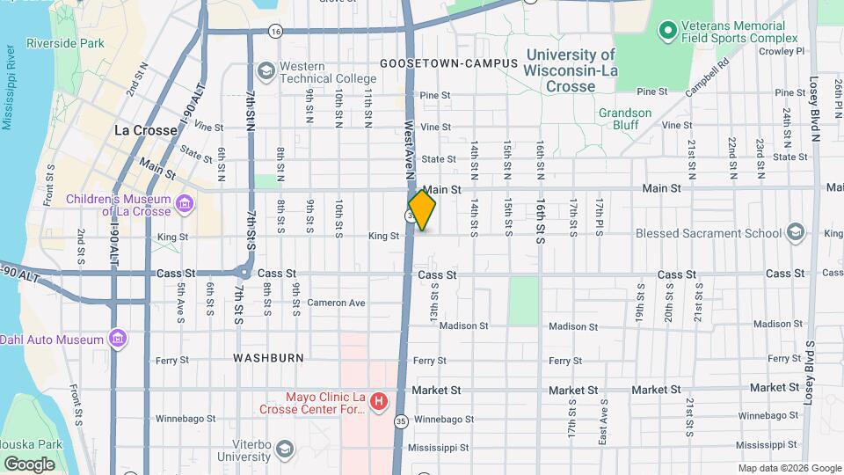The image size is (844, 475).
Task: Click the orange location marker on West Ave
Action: coord(422,210)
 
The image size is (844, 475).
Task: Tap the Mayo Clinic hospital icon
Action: coord(379,402)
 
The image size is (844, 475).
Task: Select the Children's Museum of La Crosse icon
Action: coord(185,205)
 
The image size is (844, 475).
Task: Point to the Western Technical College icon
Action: coord(266,69)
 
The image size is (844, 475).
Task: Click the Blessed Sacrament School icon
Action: coord(796,233)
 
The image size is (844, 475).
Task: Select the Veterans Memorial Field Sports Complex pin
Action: coord(667,32)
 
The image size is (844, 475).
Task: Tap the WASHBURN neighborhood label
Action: coord(268,358)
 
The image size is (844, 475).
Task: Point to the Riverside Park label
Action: coord(65,43)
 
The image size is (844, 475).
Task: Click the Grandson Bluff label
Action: coord(625,119)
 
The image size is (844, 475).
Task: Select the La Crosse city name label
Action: coord(146,130)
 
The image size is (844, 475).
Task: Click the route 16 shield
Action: coord(276,31)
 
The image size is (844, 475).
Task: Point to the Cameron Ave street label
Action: coord(335,303)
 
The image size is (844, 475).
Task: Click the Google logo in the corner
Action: coord(30,464)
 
